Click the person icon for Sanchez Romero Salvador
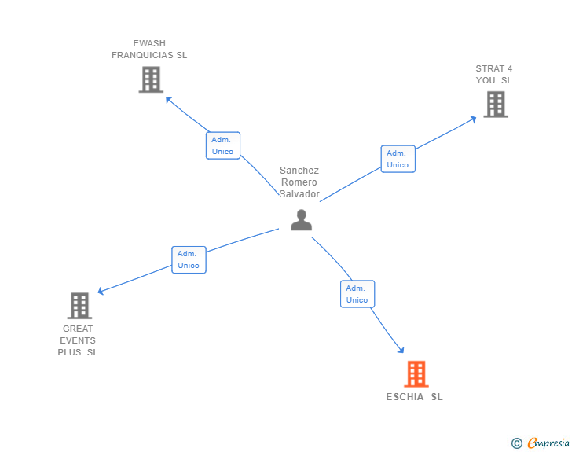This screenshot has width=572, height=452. (301, 220)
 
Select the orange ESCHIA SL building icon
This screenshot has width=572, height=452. (416, 374)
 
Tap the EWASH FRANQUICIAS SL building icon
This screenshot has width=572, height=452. (150, 79)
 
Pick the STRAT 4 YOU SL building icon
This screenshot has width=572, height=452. (495, 105)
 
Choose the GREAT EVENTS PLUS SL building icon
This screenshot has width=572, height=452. (79, 306)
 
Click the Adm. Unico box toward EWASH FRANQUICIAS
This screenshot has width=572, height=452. (222, 145)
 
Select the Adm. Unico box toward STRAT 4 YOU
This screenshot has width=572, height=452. (398, 159)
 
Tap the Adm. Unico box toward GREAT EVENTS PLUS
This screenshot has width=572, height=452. (189, 259)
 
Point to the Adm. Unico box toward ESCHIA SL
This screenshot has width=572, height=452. (357, 294)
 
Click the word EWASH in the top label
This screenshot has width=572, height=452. (149, 43)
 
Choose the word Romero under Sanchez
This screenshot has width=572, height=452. (299, 182)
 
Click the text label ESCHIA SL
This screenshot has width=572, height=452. (414, 397)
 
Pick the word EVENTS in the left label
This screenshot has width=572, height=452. (78, 340)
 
